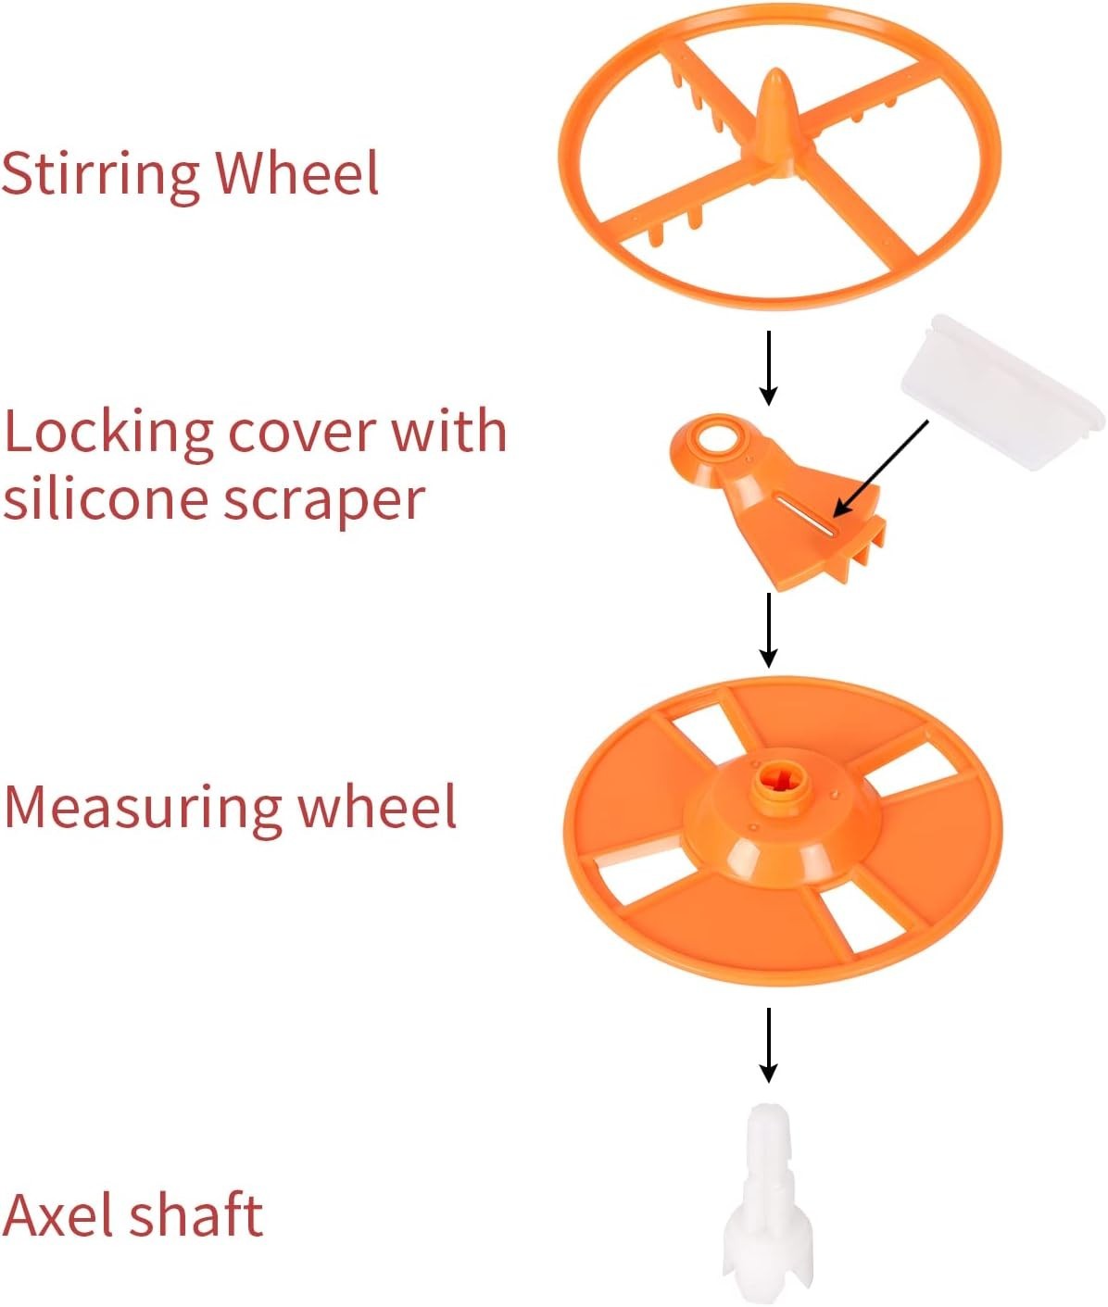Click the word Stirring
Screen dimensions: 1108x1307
[100, 174]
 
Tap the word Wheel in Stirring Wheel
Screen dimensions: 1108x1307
[297, 172]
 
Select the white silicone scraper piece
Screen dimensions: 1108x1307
[1001, 395]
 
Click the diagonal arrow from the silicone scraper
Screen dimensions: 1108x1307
[880, 469]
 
